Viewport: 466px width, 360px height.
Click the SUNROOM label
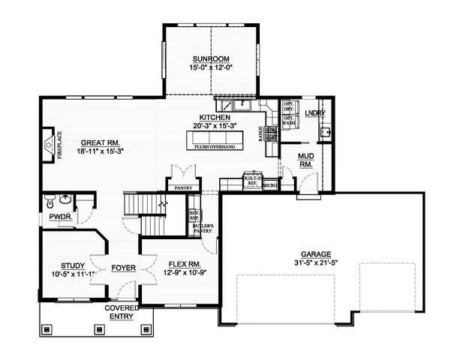[x=210, y=58]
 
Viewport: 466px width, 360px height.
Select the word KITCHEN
[x=214, y=118]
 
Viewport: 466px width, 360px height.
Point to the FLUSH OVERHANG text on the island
[x=215, y=147]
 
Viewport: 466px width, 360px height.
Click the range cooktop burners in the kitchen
[x=271, y=133]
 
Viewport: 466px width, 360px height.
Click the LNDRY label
[x=314, y=113]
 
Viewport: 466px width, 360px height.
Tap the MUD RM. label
[x=306, y=160]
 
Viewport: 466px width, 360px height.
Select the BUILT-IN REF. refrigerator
[x=251, y=181]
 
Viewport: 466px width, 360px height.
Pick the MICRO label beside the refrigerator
[x=270, y=184]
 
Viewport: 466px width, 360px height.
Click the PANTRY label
[x=184, y=187]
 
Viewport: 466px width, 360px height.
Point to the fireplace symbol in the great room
[x=48, y=143]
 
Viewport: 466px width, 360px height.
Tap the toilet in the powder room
[x=50, y=201]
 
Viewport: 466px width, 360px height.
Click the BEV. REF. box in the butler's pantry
[x=193, y=215]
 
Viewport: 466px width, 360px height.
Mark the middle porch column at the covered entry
[x=98, y=328]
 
